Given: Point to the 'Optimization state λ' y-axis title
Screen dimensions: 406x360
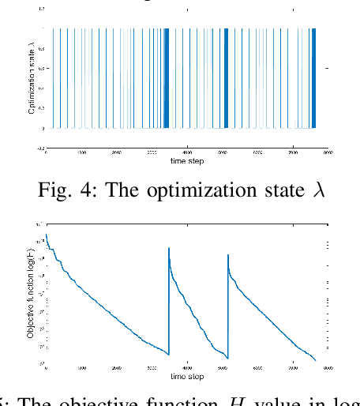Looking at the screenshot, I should click(x=32, y=78).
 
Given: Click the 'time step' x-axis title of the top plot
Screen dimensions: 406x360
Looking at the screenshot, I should click(x=187, y=162).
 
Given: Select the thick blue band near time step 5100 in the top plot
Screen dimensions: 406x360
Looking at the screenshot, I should click(x=226, y=78).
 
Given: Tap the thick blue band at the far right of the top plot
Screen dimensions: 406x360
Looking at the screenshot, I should click(x=313, y=78).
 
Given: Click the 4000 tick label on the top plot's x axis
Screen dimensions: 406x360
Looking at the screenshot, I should click(x=187, y=151).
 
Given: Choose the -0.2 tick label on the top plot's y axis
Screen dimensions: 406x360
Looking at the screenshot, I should click(x=39, y=147).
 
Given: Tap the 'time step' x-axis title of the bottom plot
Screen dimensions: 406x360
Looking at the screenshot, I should click(x=187, y=376).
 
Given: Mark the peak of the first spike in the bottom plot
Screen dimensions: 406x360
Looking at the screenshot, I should click(x=169, y=248).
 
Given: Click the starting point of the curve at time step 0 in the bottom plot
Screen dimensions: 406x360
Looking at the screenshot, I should click(x=47, y=235).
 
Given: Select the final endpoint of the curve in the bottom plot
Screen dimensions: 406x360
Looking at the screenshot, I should click(x=313, y=361).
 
